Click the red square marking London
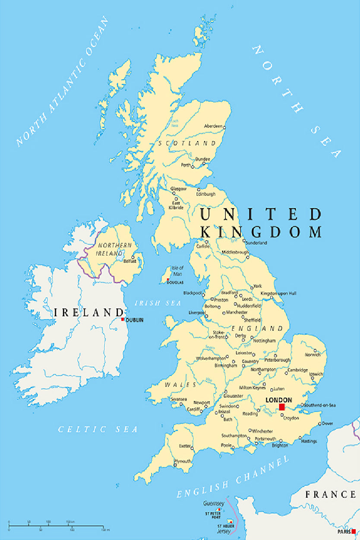click(282, 407)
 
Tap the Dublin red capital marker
click(123, 319)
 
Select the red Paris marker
click(354, 531)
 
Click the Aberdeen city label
click(213, 126)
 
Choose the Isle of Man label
click(177, 271)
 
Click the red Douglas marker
click(168, 280)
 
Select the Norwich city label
click(313, 355)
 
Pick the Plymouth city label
click(182, 461)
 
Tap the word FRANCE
click(331, 494)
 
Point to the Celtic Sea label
click(98, 429)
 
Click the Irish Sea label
click(158, 303)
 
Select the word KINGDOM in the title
click(262, 232)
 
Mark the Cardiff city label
click(194, 410)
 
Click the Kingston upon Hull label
click(279, 293)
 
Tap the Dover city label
click(328, 423)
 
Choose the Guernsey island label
click(214, 504)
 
